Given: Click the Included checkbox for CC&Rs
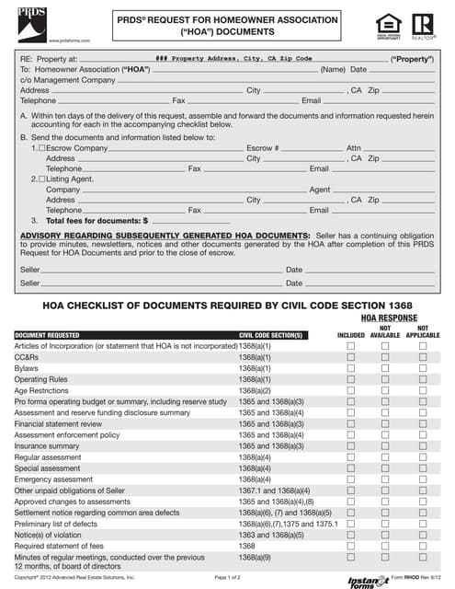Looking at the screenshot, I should (x=350, y=356).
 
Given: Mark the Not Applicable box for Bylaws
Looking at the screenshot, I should (x=423, y=367).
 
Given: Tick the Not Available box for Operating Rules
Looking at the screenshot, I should (x=386, y=379).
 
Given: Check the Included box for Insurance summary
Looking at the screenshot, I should (x=350, y=445).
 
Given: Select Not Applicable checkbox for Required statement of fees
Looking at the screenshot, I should (x=423, y=546).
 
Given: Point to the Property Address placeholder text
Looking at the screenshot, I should (x=234, y=58).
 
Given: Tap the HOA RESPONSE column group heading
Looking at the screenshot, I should (x=385, y=317).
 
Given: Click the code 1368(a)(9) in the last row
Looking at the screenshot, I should (x=255, y=557).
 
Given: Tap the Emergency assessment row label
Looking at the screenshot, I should (x=53, y=479).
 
